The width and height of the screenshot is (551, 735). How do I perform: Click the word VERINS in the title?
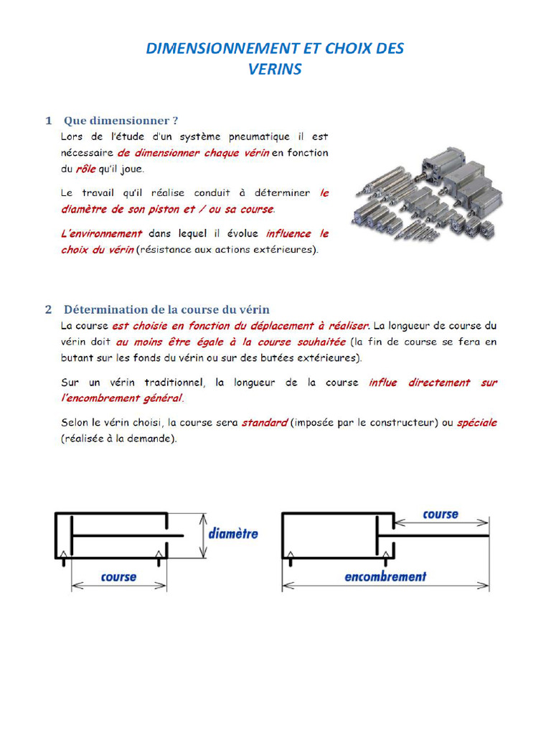[x=275, y=70]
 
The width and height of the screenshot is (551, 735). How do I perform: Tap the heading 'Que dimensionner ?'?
[x=121, y=120]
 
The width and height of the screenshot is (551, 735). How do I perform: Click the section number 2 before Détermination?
[x=48, y=309]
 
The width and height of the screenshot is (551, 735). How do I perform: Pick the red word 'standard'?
[x=264, y=423]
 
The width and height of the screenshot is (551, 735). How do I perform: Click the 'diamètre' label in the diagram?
[x=233, y=534]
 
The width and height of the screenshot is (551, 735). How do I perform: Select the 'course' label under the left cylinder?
[x=118, y=576]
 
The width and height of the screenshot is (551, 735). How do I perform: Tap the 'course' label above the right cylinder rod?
[x=441, y=514]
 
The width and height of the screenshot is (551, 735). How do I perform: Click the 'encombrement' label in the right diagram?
[x=385, y=576]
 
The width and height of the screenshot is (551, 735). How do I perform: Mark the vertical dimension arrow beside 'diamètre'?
[x=204, y=535]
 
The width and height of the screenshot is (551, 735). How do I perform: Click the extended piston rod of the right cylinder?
[x=441, y=536]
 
